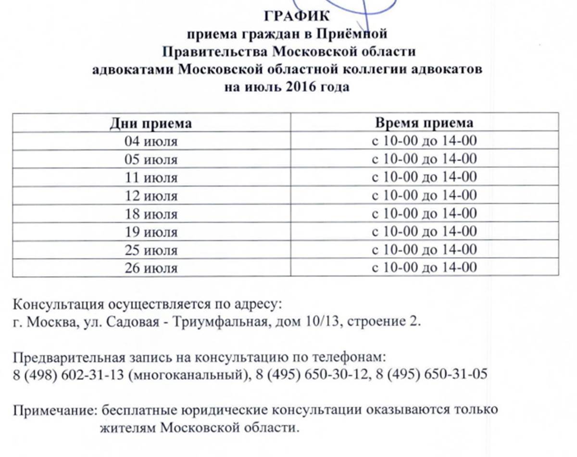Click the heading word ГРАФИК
point(297,16)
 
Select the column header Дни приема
point(151,123)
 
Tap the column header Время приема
point(424,123)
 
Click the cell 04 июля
point(151,142)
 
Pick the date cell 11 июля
point(151,178)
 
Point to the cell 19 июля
point(151,232)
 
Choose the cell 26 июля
point(151,268)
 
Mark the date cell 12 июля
point(151,196)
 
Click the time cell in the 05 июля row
point(424,159)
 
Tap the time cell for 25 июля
point(424,250)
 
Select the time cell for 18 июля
point(424,214)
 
